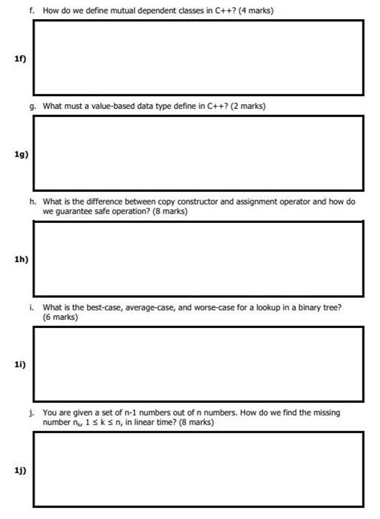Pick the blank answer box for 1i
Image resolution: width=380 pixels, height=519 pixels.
[199, 363]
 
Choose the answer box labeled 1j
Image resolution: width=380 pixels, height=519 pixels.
[199, 468]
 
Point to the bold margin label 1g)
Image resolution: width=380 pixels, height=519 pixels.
[20, 155]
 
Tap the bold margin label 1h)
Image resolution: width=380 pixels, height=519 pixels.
[20, 259]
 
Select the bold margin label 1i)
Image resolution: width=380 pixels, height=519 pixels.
[20, 364]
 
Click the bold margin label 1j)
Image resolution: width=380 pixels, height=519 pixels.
[20, 470]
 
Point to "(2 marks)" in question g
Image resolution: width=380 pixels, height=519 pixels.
[246, 106]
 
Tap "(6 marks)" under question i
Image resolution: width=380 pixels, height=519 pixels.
[61, 318]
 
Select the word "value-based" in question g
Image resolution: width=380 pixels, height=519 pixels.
[114, 106]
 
